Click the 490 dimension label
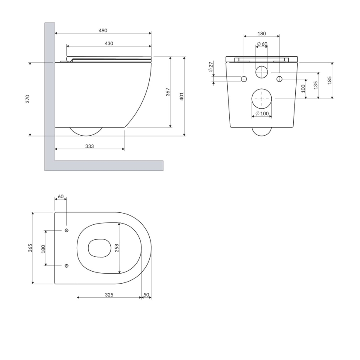(x=103, y=31)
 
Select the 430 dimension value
(x=109, y=44)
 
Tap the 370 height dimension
(x=27, y=99)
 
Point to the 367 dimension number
(x=168, y=92)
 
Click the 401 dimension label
(x=182, y=96)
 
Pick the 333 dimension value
(x=90, y=146)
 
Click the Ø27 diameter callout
(x=211, y=67)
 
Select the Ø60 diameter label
(x=262, y=44)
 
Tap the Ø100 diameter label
(x=262, y=113)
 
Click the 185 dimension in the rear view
(x=329, y=80)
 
